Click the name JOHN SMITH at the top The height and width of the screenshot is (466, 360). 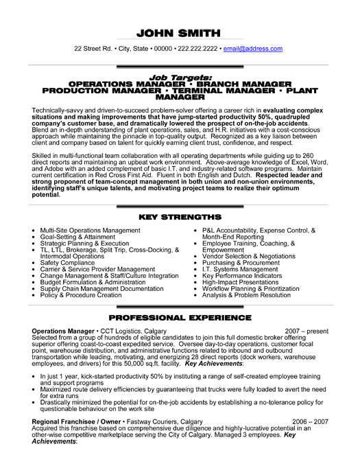point(180,33)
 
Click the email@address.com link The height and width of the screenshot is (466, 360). point(254,49)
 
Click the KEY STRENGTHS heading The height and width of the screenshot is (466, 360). point(180,216)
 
